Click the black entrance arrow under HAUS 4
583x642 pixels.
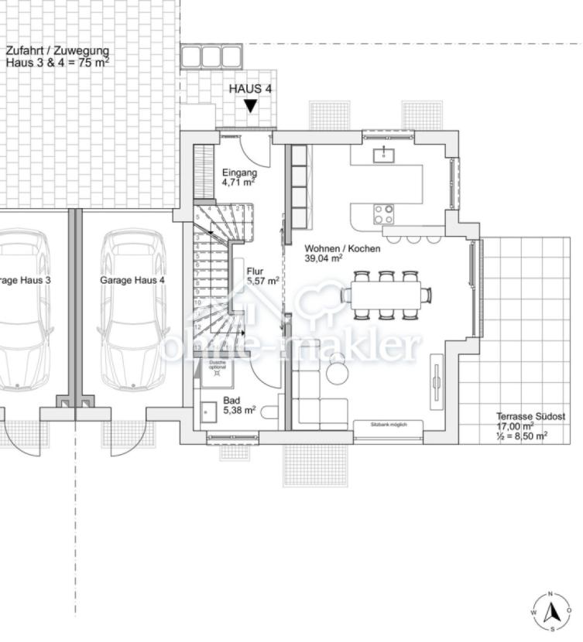[x=250, y=106]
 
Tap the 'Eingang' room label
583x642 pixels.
[x=237, y=172]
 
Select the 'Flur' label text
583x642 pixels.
[x=255, y=271]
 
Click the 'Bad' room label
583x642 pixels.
[x=231, y=400]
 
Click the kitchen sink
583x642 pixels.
[x=383, y=155]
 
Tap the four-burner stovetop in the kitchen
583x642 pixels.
[x=383, y=213]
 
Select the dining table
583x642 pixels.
[x=386, y=295]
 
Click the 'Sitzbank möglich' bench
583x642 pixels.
[x=388, y=425]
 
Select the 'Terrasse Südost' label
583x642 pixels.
[x=530, y=416]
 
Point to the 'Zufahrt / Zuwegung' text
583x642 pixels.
[x=57, y=52]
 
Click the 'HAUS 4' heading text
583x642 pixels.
[x=250, y=89]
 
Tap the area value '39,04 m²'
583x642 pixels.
[x=324, y=259]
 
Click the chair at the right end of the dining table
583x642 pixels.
[x=427, y=295]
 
